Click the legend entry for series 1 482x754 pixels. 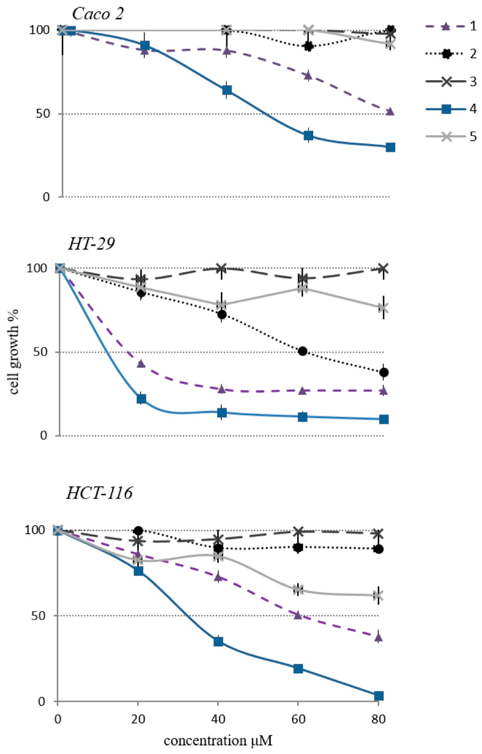pos(451,26)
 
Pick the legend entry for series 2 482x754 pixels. pos(451,54)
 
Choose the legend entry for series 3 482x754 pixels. pos(451,81)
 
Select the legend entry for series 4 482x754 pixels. pos(451,109)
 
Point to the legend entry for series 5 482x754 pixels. pos(451,137)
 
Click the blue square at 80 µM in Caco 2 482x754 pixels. pos(390,147)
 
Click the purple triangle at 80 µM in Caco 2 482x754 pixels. pos(390,111)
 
